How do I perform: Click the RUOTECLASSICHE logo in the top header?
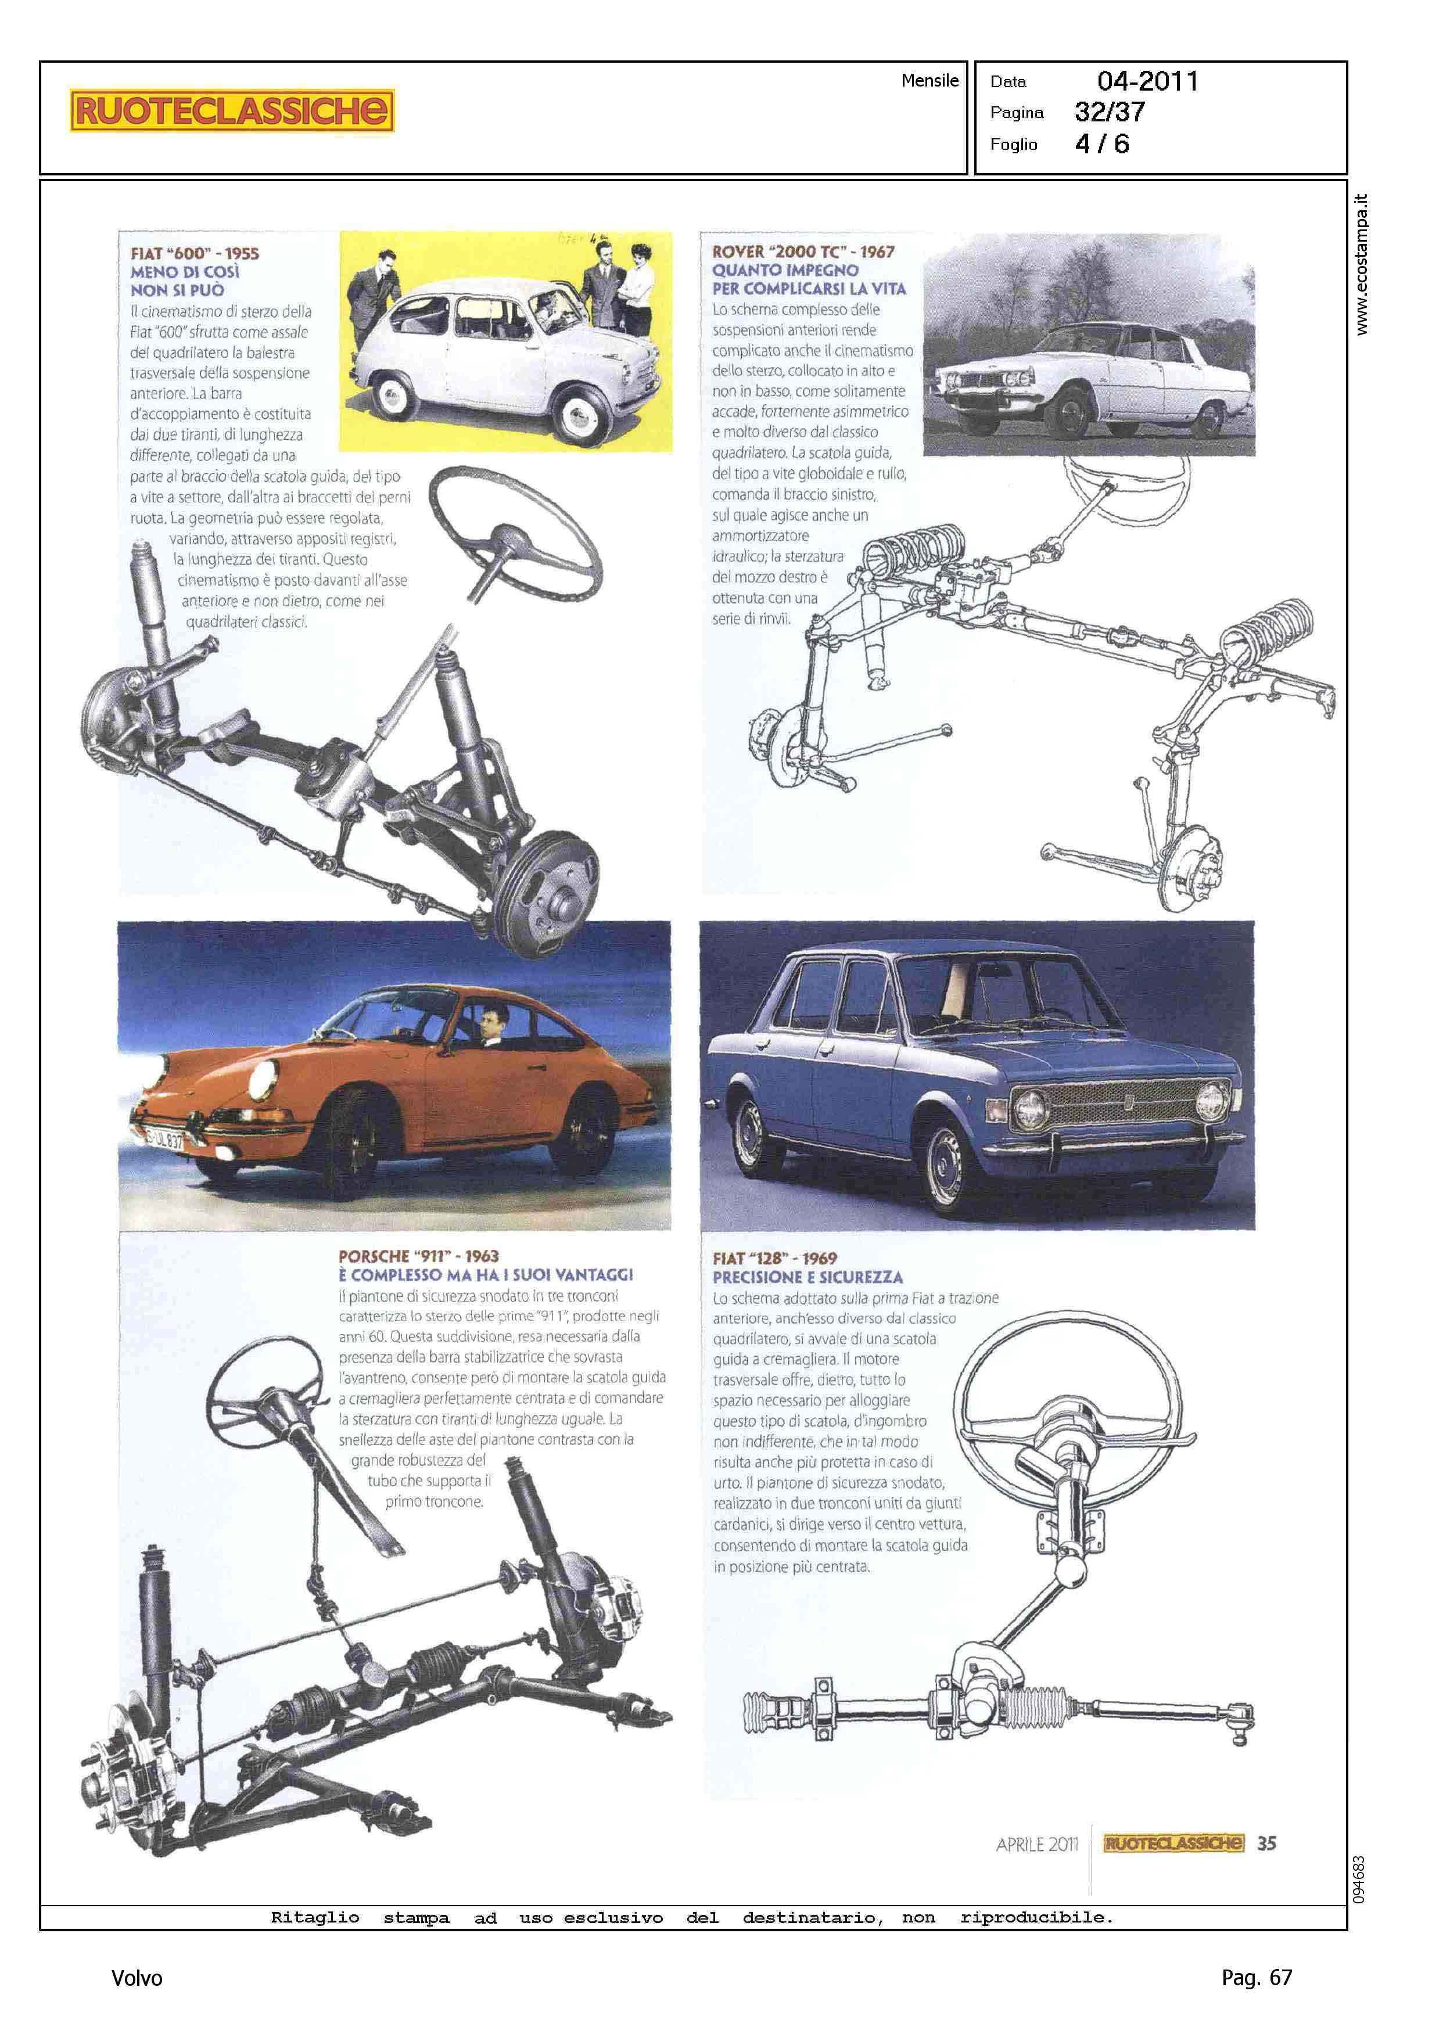(231, 111)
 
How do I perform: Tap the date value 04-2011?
(1147, 81)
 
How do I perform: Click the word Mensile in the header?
(929, 80)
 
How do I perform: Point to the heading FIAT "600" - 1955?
(195, 253)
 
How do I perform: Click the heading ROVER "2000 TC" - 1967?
(803, 251)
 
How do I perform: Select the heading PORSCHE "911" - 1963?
(418, 1256)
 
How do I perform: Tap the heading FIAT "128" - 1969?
(774, 1257)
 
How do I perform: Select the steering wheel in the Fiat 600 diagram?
(515, 534)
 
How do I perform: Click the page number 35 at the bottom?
(1266, 1843)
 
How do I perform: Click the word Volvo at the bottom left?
(137, 1978)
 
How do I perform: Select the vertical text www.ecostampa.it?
(1361, 264)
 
